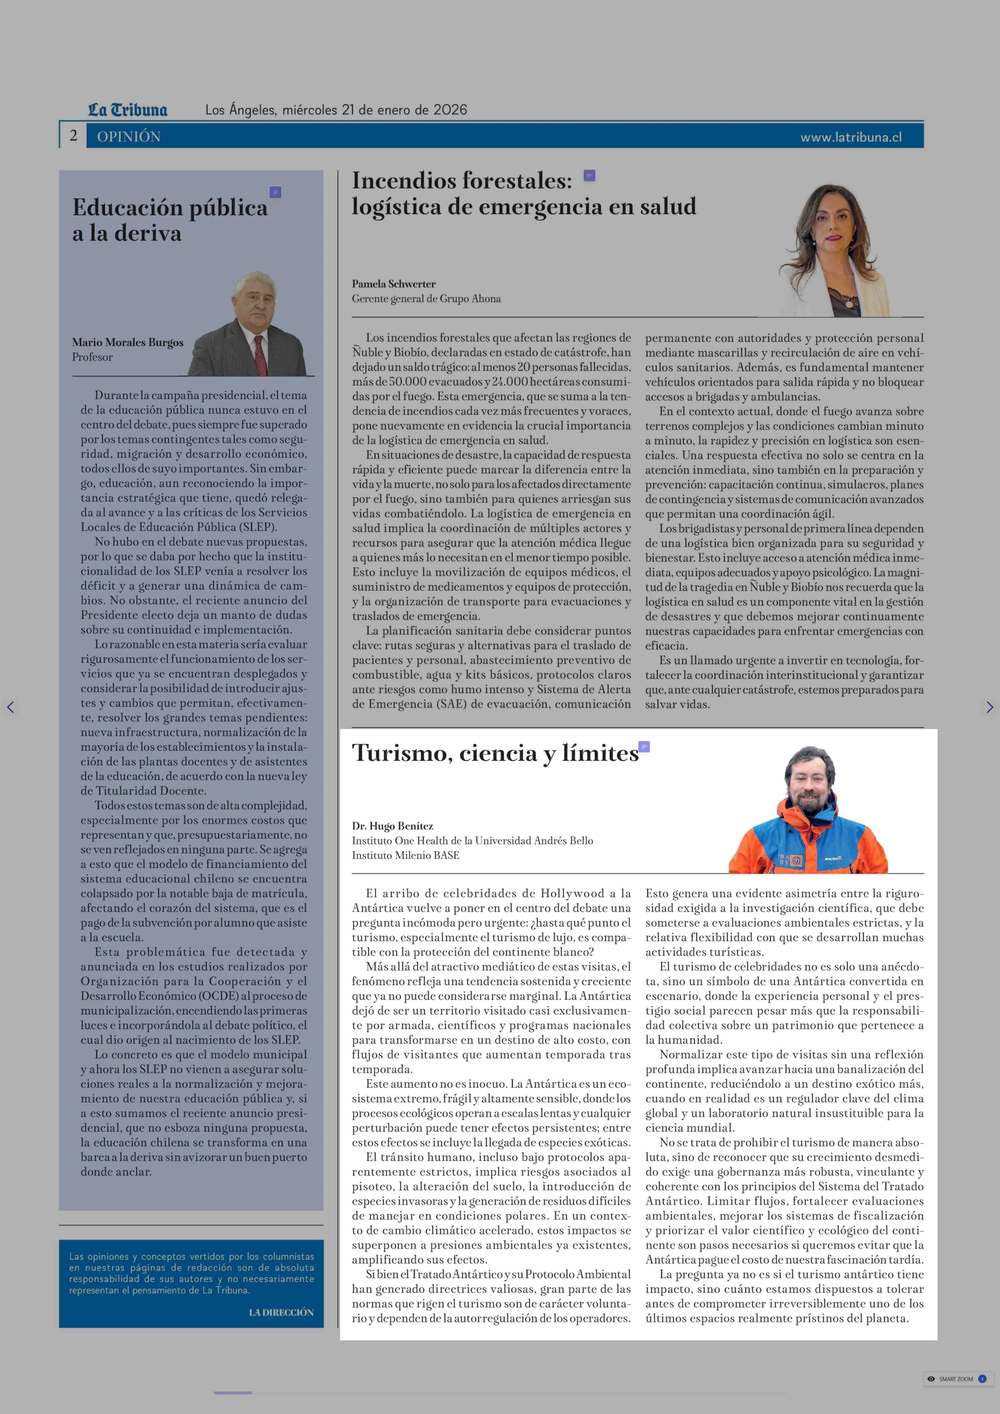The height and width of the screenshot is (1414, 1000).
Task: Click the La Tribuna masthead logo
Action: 127,110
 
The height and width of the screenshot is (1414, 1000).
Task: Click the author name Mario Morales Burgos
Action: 127,343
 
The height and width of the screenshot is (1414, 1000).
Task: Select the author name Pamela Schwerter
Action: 393,284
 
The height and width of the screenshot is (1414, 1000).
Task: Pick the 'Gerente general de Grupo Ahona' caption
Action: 426,299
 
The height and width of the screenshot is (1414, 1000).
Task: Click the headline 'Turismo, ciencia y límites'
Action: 495,753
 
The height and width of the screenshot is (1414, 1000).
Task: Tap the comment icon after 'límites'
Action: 644,747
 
